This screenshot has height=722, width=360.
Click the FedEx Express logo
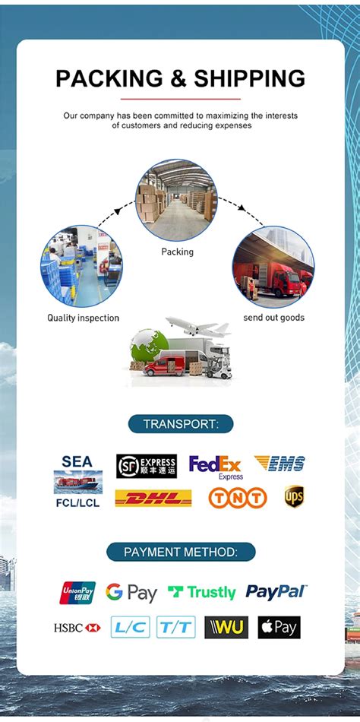[x=215, y=467]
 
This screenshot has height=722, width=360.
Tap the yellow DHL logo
[x=153, y=498]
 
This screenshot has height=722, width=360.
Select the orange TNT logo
[x=238, y=498]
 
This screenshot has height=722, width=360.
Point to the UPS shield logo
[x=294, y=496]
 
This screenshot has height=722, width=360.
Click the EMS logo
[x=280, y=463]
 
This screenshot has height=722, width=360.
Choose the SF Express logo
[x=147, y=466]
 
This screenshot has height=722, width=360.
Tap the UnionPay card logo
[x=77, y=593]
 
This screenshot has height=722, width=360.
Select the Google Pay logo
[x=131, y=593]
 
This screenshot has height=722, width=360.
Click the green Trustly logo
[x=201, y=593]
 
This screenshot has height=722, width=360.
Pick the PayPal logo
[x=276, y=592]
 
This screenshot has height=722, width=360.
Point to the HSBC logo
[x=77, y=627]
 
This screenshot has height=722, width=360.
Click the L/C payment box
[x=131, y=627]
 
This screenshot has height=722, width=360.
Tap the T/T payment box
[x=176, y=627]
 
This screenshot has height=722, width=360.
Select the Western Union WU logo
[x=226, y=627]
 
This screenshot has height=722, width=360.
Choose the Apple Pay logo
[x=279, y=627]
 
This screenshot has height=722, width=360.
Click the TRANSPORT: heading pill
[x=181, y=424]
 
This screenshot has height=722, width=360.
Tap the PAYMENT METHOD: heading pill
[x=181, y=552]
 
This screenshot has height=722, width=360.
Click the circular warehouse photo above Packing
[x=176, y=201]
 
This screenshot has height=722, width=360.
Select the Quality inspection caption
[x=84, y=318]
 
